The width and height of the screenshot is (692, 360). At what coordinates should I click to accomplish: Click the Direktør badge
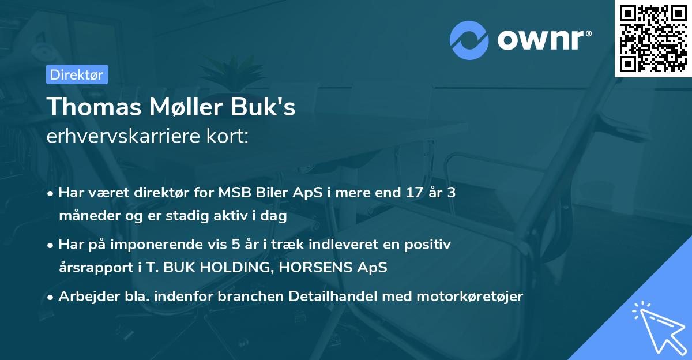77,74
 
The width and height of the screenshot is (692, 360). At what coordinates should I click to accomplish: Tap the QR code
653,38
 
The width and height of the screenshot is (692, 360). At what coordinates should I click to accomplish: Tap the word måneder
85,217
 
